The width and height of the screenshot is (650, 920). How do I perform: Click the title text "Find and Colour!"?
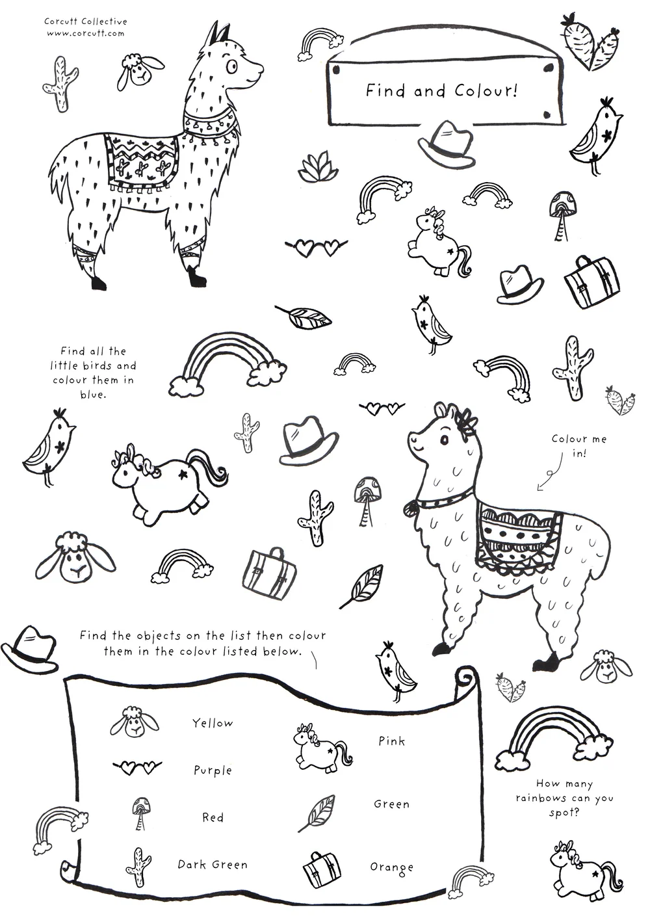(x=441, y=90)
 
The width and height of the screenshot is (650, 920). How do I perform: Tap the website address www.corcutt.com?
(x=85, y=33)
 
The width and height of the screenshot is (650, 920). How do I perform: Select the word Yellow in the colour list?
(x=212, y=723)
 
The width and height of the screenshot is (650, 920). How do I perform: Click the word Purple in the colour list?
(x=213, y=770)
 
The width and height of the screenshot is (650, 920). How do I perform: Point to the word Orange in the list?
(x=391, y=867)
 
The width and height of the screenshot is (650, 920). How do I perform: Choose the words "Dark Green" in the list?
(x=213, y=865)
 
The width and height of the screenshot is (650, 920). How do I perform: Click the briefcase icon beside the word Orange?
(x=322, y=869)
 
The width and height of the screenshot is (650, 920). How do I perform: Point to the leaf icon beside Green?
(x=317, y=813)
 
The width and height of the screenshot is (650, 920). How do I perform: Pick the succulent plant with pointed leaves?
(x=315, y=168)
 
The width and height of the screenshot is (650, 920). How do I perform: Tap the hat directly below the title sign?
(x=446, y=145)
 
